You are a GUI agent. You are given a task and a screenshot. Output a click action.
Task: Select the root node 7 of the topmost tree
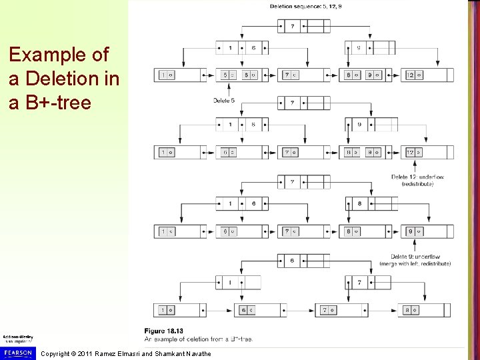[x=303, y=26]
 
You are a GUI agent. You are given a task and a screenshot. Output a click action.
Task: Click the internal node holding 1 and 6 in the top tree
[x=242, y=48]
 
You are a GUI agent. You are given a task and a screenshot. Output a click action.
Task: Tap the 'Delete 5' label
[x=224, y=101]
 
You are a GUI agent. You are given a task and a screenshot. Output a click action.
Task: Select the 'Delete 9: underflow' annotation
[x=416, y=256]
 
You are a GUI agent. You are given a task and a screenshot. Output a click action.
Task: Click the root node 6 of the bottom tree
[x=303, y=261]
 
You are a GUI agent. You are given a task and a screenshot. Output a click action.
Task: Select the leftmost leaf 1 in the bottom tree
[x=180, y=310]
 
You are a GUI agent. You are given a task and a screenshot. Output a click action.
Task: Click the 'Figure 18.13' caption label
[x=163, y=331]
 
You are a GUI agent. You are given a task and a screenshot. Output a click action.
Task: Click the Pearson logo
[x=18, y=351]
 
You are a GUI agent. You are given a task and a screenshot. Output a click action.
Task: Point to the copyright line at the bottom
[x=125, y=353]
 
